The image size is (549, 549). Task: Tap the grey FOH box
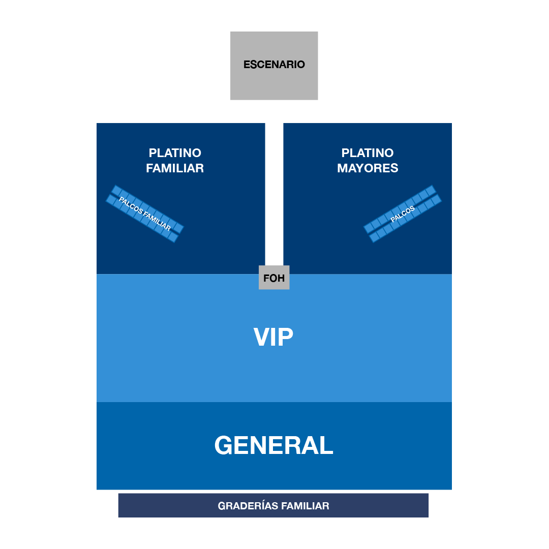click(x=274, y=278)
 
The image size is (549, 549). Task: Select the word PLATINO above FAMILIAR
click(x=175, y=153)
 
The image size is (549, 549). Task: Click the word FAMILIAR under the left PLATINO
click(x=175, y=168)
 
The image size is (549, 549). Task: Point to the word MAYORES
click(x=368, y=168)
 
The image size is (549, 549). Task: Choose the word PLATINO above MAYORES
click(x=368, y=153)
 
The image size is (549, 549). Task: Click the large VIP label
click(x=273, y=337)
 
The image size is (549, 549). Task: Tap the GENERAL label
click(x=273, y=445)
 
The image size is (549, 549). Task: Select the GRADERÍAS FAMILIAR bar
click(x=273, y=505)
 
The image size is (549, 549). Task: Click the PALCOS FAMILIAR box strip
click(x=145, y=213)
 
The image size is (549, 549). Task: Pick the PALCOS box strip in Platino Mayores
click(x=403, y=213)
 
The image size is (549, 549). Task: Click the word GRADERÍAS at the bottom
click(x=248, y=506)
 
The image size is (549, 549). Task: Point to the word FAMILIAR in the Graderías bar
click(x=305, y=506)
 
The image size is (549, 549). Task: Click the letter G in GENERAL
click(x=225, y=445)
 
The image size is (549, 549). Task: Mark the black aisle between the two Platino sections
click(x=274, y=193)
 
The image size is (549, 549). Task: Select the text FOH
click(x=274, y=279)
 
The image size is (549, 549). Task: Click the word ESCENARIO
click(x=274, y=65)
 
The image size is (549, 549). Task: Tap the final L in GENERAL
click(x=326, y=445)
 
